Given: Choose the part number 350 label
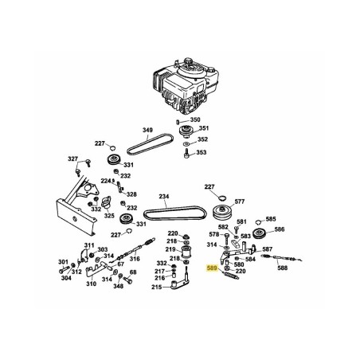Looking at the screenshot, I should click(196, 119).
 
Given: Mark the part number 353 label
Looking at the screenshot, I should click(201, 152).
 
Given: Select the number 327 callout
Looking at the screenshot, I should click(73, 159).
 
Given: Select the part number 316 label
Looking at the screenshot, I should click(135, 258).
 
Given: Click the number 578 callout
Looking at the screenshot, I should click(213, 235).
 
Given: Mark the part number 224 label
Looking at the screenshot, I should click(104, 181).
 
